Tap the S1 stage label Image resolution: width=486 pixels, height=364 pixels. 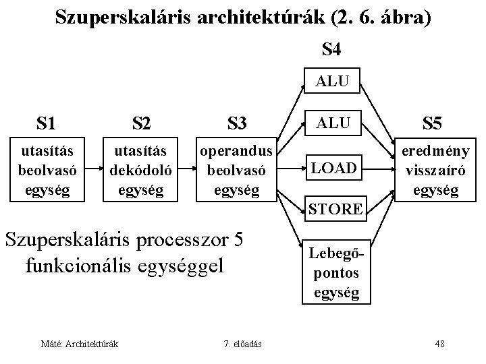click(46, 123)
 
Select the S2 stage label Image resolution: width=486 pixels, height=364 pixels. click(142, 123)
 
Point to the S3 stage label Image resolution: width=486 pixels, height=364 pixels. click(237, 123)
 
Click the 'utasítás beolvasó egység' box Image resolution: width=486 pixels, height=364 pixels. click(46, 169)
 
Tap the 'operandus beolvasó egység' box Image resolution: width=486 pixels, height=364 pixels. click(238, 169)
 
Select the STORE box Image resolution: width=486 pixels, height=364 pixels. click(335, 208)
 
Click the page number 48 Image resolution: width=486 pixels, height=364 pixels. click(439, 344)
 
